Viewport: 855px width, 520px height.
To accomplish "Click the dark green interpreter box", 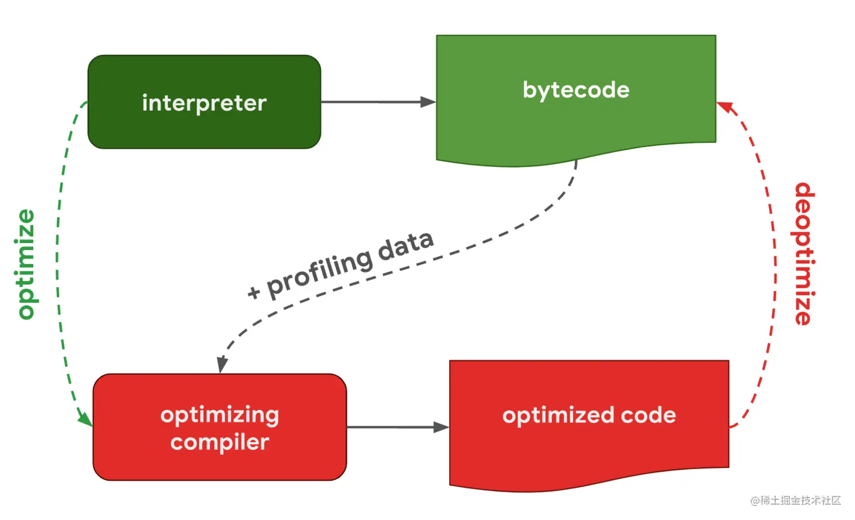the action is [x=204, y=102].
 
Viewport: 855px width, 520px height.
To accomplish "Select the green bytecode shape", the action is [x=576, y=100].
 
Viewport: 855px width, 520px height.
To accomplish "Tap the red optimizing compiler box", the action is [x=220, y=427].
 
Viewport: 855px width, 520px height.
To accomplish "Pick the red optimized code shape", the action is [x=589, y=426].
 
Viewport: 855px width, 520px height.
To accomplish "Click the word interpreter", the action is [x=204, y=103].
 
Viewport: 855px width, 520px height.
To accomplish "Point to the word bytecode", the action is [x=576, y=90].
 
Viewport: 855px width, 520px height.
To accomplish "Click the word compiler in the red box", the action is [x=220, y=443].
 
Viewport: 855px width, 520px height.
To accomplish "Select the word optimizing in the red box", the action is [x=220, y=416].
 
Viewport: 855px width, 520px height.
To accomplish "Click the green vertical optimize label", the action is [x=26, y=264].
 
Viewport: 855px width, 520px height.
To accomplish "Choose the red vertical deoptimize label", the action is [x=805, y=254].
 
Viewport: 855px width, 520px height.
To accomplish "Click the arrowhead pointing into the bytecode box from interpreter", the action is [x=428, y=102].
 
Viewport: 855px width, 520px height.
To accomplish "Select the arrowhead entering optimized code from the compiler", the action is [x=442, y=427].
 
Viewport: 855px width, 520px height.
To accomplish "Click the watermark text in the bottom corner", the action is [x=796, y=500].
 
